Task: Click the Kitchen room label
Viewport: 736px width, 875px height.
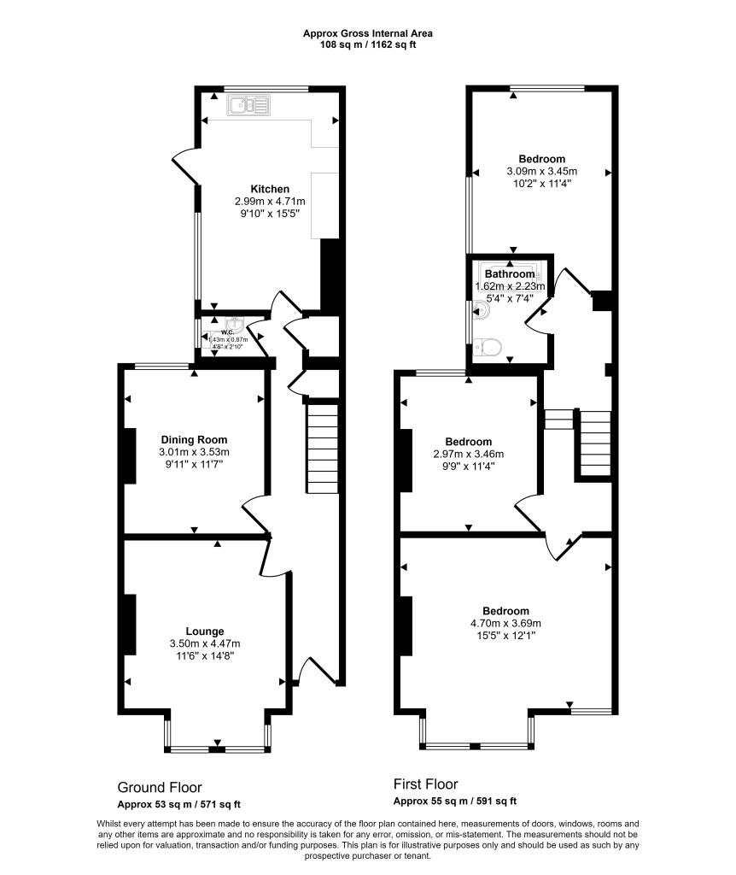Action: tap(269, 189)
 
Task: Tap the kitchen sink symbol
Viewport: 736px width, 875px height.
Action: tap(248, 106)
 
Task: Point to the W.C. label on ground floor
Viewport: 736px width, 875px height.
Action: tap(227, 332)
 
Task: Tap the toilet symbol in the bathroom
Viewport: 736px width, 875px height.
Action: tap(490, 347)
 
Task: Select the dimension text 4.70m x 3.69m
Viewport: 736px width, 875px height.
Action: tap(505, 624)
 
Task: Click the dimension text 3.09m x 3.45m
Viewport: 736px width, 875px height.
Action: tap(542, 171)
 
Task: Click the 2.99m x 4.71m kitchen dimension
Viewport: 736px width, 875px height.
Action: tap(269, 202)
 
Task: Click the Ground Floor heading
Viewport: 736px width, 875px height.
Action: tap(160, 787)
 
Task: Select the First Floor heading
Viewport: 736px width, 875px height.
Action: tap(425, 784)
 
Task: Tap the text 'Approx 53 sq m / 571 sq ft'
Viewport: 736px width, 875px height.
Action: tap(178, 804)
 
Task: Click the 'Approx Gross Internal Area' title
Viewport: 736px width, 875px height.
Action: tap(368, 33)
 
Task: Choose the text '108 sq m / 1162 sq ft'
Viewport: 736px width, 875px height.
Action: tap(368, 44)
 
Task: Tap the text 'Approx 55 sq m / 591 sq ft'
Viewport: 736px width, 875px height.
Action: tap(454, 801)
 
